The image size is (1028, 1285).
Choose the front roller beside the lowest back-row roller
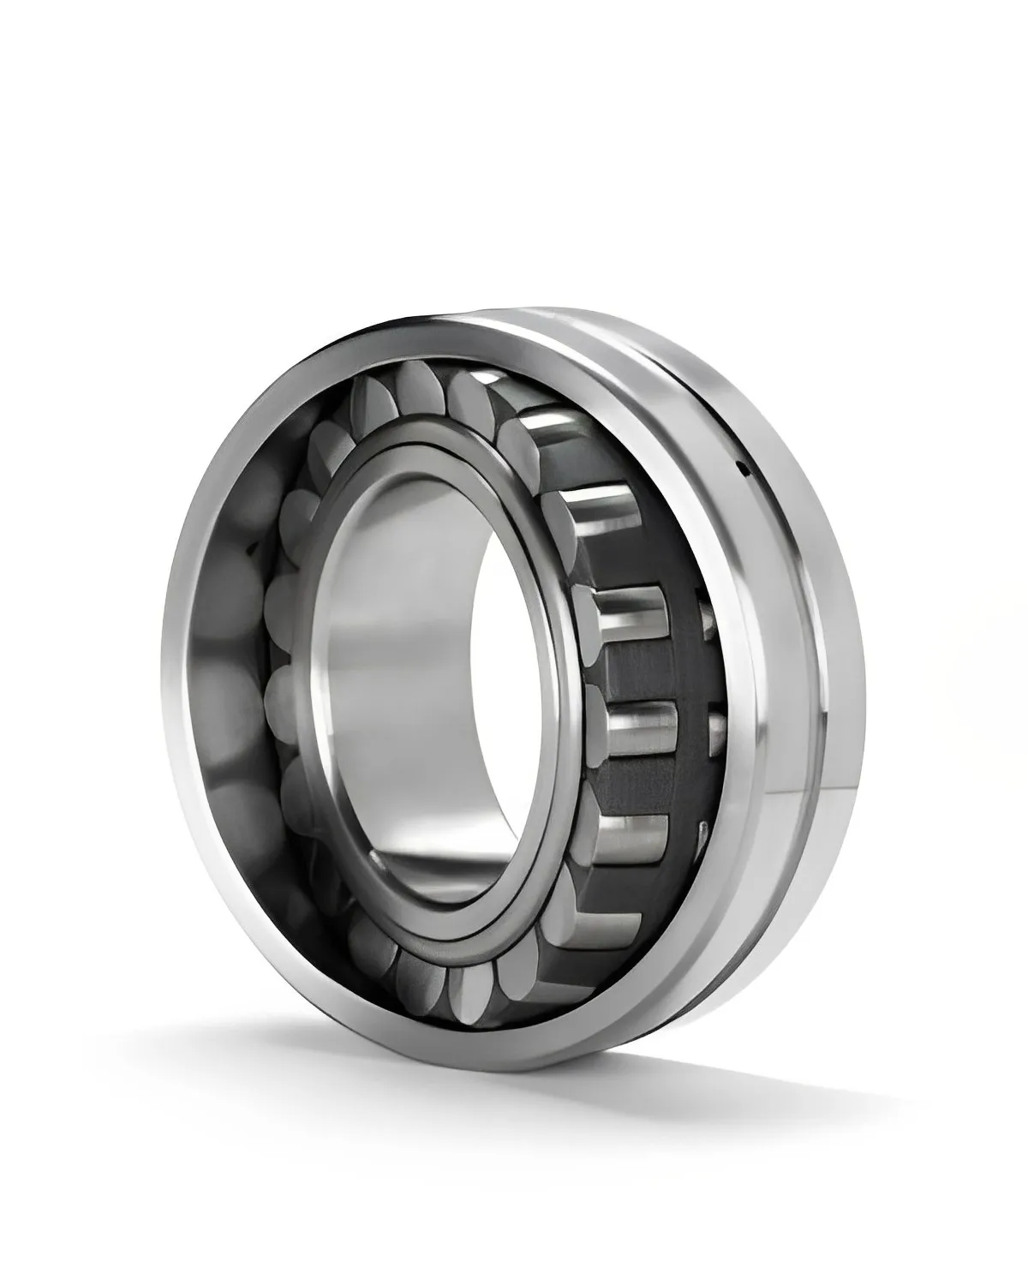click(634, 835)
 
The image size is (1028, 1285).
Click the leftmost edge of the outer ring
click(160, 685)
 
